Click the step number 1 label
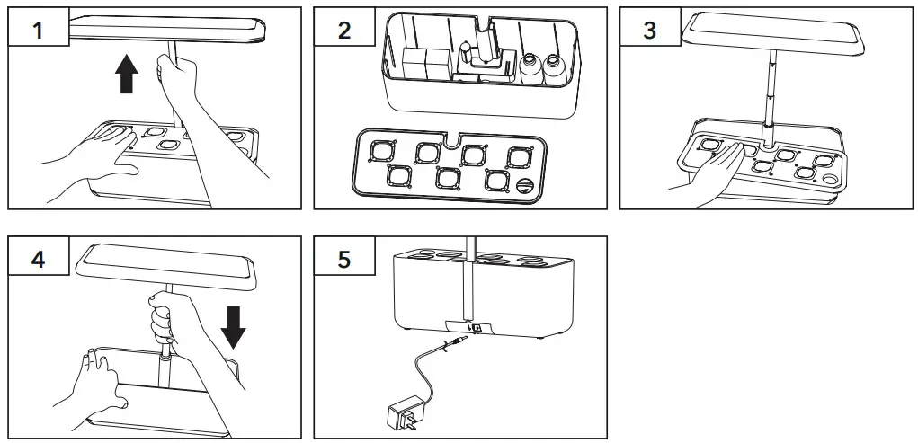[38, 31]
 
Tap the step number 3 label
[650, 31]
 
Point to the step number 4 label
[38, 259]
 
